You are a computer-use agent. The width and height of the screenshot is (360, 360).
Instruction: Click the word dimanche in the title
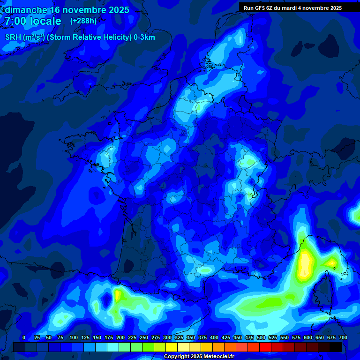(25, 10)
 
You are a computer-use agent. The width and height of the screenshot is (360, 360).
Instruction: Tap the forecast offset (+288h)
(83, 21)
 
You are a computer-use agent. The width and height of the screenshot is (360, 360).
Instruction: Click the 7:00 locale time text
(33, 22)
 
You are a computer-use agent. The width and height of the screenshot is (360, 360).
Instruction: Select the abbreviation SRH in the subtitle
(13, 37)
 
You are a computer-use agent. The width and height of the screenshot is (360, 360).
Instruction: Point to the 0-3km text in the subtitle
(144, 37)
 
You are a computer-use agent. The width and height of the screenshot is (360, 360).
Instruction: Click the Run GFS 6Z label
(261, 8)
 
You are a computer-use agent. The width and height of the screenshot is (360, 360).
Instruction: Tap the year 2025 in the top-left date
(115, 10)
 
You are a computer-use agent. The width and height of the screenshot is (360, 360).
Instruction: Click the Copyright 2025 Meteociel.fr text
(199, 357)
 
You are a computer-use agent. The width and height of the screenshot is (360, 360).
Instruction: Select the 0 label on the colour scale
(24, 337)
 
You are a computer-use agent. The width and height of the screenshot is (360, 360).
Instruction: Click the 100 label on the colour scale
(74, 337)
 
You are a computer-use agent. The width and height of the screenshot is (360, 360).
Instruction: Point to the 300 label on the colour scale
(167, 337)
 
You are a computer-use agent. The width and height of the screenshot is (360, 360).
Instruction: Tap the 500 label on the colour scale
(261, 337)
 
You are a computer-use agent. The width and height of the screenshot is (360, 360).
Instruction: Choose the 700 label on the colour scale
(343, 337)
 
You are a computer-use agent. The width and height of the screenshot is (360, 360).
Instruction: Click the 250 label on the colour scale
(144, 337)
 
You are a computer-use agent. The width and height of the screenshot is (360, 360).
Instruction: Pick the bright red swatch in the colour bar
(265, 347)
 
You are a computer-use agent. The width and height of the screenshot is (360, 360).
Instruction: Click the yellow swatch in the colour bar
(172, 347)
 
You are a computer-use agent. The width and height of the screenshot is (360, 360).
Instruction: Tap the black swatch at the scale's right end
(336, 347)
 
